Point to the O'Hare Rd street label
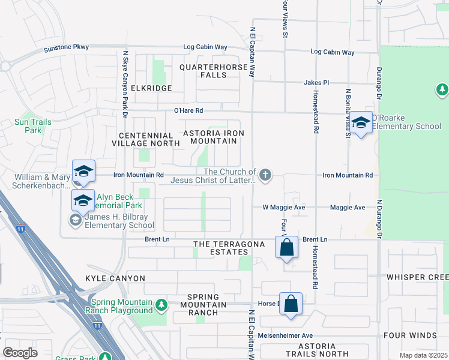coord(188,110)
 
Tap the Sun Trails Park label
coord(33,126)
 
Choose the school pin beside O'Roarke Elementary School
coord(361,123)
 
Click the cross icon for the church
coord(265,175)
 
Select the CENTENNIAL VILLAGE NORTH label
coord(145,140)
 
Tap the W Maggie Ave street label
coord(285,208)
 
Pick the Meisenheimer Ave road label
coord(286,335)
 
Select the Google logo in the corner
coord(20,352)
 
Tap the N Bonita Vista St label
coord(347,114)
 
